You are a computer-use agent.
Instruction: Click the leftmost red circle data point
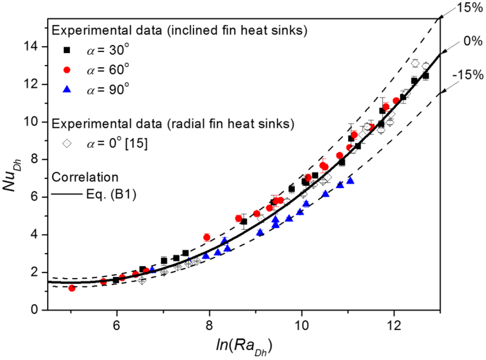72,288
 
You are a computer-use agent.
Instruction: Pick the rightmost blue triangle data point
350,180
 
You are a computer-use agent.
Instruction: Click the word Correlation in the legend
85,177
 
